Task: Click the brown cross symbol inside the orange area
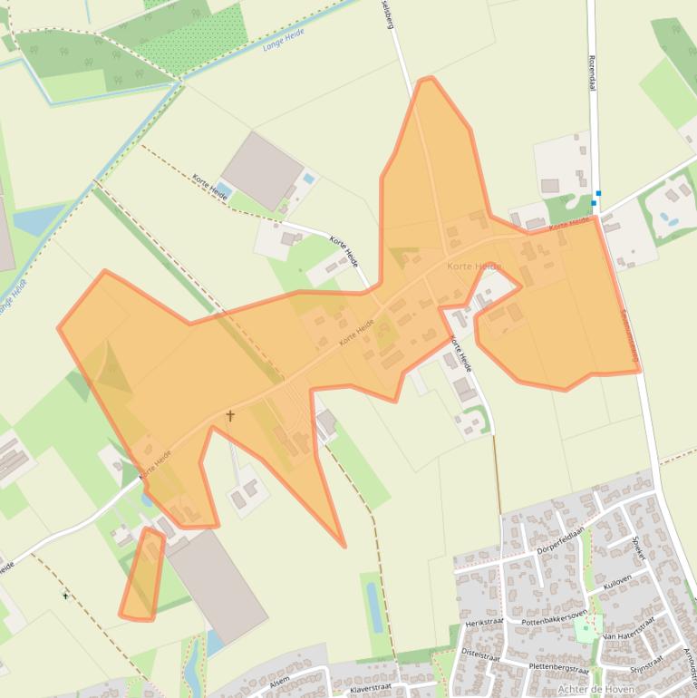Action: point(230,417)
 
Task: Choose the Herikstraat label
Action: point(484,623)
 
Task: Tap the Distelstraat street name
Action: point(481,652)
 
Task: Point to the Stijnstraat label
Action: point(648,665)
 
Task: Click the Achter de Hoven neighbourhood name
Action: point(595,689)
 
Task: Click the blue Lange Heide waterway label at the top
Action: point(283,37)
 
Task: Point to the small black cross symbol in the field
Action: point(65,596)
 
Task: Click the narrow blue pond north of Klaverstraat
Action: point(374,606)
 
